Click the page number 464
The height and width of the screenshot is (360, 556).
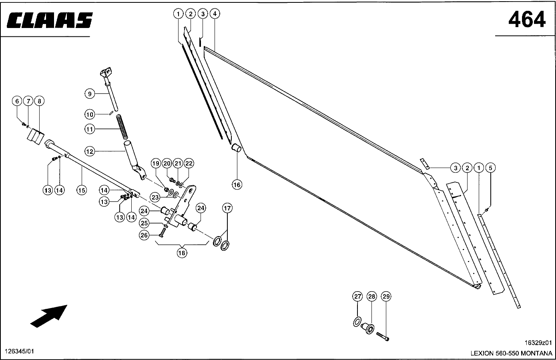527,19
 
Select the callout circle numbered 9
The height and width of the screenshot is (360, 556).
90,94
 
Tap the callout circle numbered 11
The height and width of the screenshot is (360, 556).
90,129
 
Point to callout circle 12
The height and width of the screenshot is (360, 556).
90,151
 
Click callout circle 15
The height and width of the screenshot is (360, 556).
81,190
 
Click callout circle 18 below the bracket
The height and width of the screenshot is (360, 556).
182,253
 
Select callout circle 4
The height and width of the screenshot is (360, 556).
215,14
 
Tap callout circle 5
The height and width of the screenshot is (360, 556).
491,168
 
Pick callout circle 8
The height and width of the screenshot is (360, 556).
39,101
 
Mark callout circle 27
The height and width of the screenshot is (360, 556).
357,296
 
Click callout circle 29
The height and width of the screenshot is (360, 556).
386,296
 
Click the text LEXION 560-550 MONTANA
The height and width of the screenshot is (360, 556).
511,354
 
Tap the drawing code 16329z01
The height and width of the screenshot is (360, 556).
538,343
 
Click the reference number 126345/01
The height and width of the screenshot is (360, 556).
19,351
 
